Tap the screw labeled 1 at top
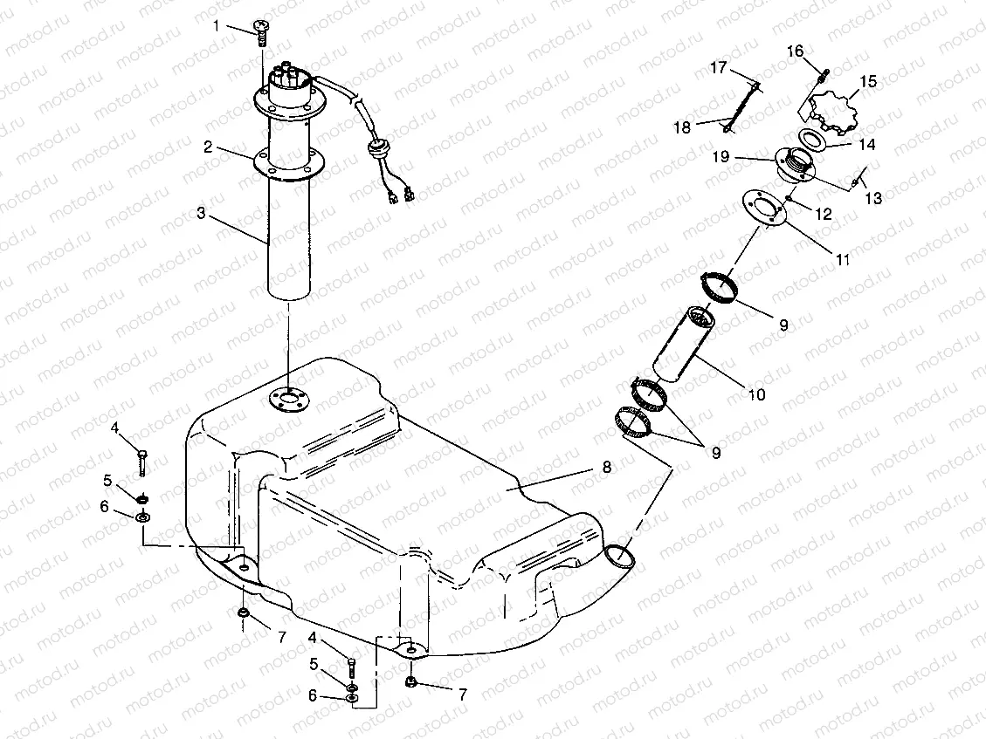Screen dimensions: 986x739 click(x=263, y=33)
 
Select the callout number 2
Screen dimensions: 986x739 click(x=208, y=147)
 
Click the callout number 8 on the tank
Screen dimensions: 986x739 click(x=607, y=468)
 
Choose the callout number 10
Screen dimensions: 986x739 click(x=756, y=394)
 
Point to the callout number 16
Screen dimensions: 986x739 click(x=795, y=51)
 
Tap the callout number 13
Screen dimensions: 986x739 click(x=873, y=198)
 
